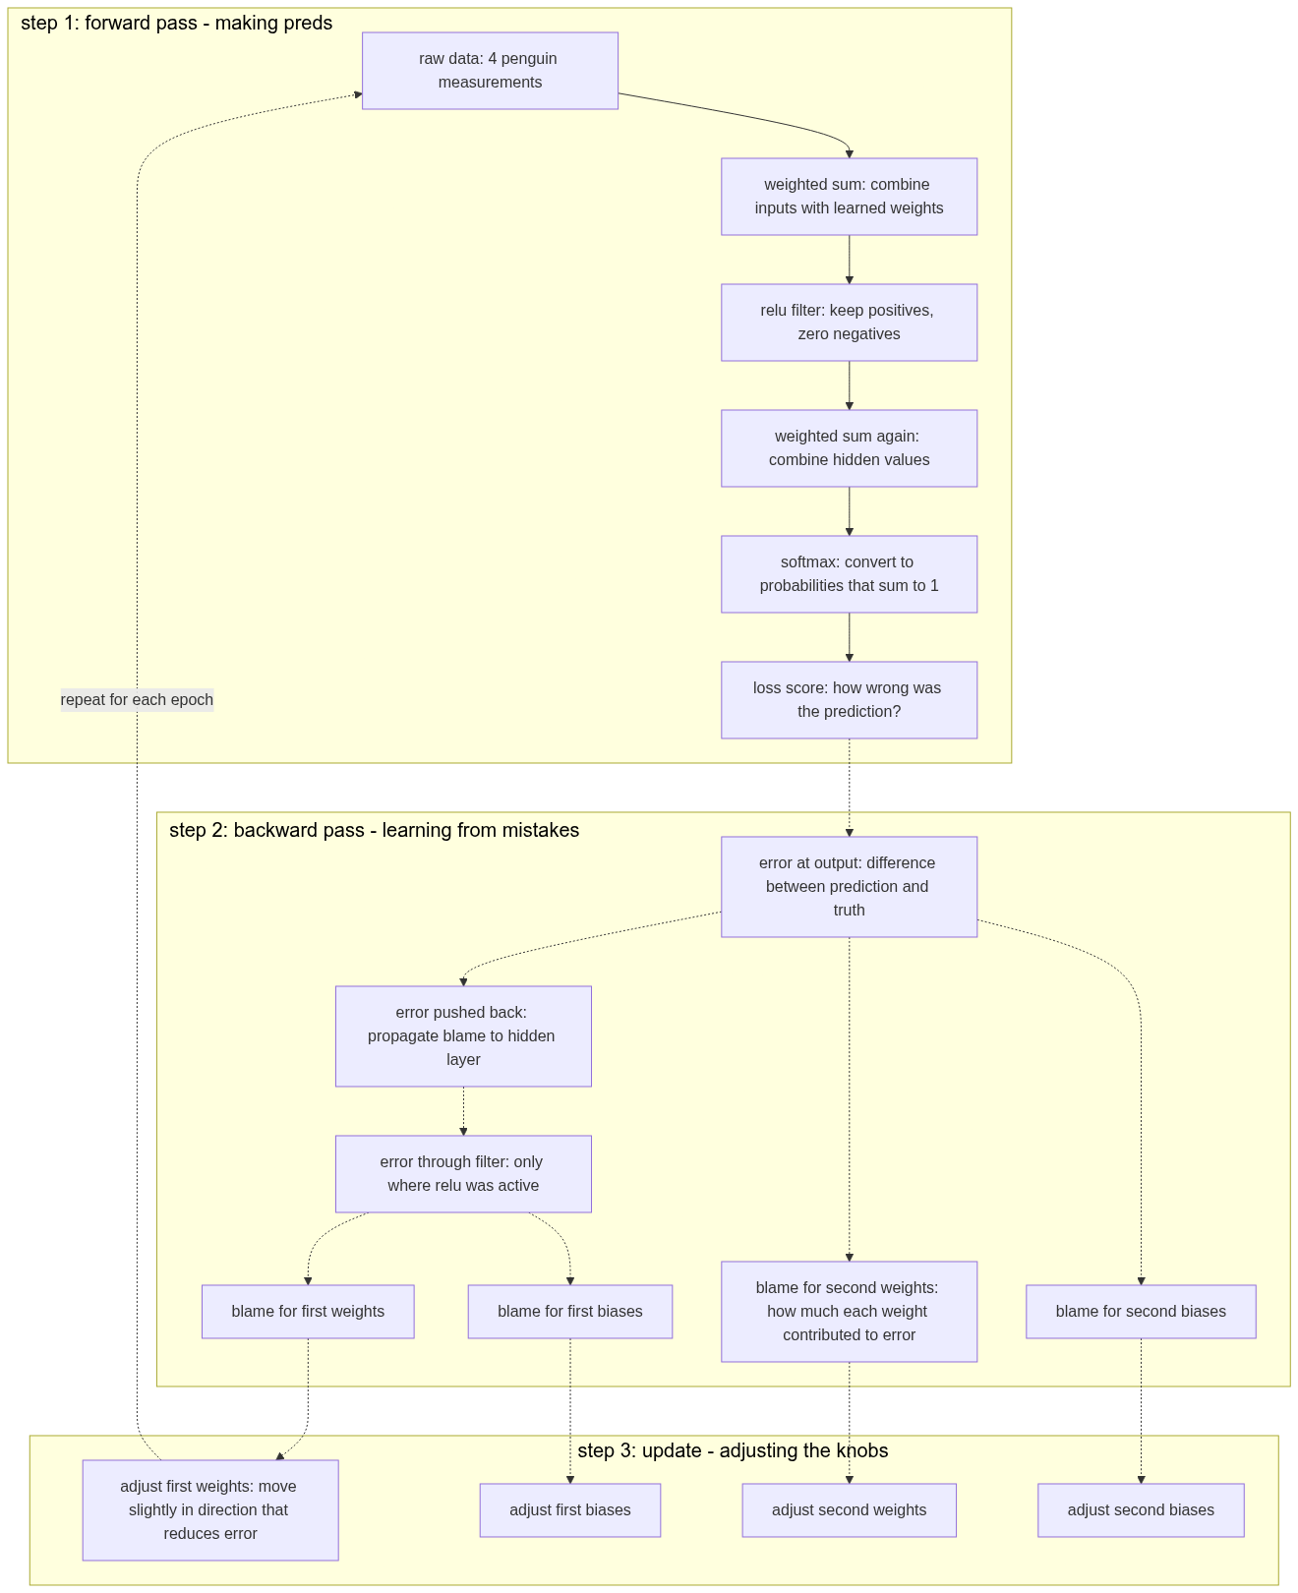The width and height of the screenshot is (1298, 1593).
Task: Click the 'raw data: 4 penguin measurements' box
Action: pyautogui.click(x=490, y=71)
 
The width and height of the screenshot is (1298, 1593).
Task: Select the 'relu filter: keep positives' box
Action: pyautogui.click(x=849, y=323)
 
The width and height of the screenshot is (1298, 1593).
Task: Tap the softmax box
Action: pyautogui.click(x=849, y=574)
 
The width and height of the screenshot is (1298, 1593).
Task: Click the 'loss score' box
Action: pyautogui.click(x=849, y=700)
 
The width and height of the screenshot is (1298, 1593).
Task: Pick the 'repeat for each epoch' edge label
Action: pyautogui.click(x=137, y=700)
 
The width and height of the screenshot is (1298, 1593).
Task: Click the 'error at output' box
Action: pyautogui.click(x=849, y=887)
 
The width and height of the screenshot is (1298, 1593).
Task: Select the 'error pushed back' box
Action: pyautogui.click(x=463, y=1036)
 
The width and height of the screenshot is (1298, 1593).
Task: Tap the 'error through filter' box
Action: pyautogui.click(x=463, y=1174)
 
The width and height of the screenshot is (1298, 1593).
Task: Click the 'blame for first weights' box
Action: pyautogui.click(x=308, y=1312)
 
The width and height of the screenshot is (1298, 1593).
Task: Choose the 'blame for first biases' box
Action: pyautogui.click(x=570, y=1312)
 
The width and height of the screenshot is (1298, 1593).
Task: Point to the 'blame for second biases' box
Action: pyautogui.click(x=1141, y=1312)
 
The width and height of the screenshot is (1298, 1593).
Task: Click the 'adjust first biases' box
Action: pyautogui.click(x=570, y=1510)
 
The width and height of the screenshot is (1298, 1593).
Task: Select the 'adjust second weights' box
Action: pyautogui.click(x=849, y=1510)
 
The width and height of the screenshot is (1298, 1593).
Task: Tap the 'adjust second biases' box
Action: pyautogui.click(x=1141, y=1510)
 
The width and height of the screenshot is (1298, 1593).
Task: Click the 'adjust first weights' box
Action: pyautogui.click(x=210, y=1510)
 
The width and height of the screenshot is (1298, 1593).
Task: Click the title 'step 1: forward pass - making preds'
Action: pyautogui.click(x=177, y=24)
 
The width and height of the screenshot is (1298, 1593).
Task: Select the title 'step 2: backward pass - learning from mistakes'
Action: pyautogui.click(x=374, y=831)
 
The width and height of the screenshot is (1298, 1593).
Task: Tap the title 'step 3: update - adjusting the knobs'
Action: pyautogui.click(x=733, y=1451)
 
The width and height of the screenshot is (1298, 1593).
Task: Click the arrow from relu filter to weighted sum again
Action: pyautogui.click(x=850, y=385)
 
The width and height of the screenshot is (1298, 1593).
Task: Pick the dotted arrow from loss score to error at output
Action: pyautogui.click(x=850, y=787)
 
